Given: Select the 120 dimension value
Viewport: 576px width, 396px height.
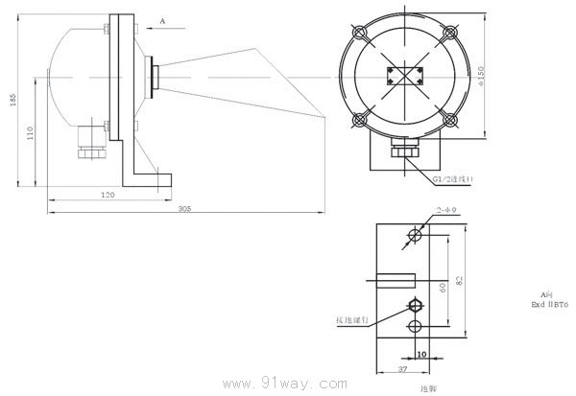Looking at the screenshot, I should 108,195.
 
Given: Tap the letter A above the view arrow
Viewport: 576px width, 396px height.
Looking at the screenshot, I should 162,19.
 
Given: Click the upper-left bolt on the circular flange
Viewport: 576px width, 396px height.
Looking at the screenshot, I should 361,33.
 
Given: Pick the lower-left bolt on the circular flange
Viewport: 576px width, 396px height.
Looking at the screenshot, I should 361,120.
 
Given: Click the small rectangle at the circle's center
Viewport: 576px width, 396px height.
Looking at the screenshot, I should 403,77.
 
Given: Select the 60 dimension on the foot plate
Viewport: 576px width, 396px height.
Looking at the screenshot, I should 442,286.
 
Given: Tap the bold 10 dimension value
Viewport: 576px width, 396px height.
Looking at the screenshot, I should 420,353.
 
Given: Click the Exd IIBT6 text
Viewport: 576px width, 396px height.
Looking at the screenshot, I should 550,304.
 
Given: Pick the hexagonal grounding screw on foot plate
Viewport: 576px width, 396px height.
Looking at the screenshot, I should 415,306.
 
